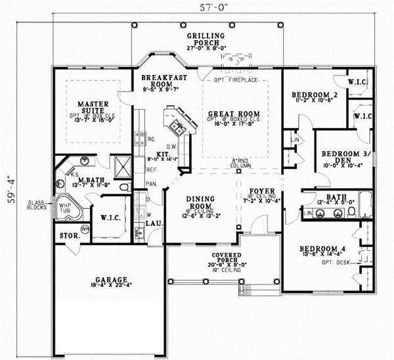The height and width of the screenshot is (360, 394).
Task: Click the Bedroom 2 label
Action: click(x=314, y=95)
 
